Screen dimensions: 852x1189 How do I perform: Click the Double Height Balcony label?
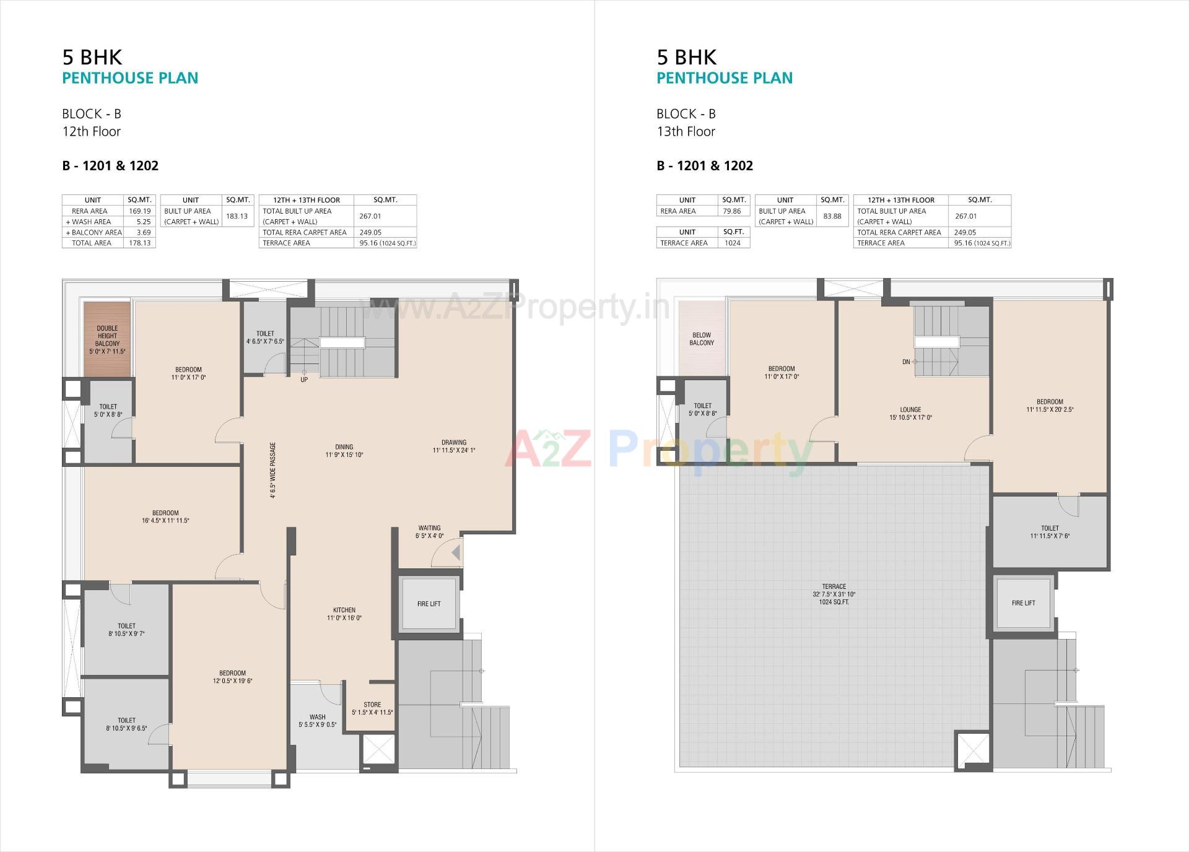coord(107,340)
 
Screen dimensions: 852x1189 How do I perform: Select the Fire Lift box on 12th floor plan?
coord(429,604)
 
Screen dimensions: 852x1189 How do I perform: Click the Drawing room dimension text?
coord(454,451)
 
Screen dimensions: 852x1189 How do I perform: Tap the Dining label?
coord(344,446)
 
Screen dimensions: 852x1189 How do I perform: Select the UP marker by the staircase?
coord(304,380)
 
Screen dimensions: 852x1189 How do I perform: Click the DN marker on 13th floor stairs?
coord(906,362)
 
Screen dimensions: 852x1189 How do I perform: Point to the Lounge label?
coord(910,409)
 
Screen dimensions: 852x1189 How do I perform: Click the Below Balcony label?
coord(702,339)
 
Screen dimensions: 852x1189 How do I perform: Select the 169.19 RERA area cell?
coord(140,211)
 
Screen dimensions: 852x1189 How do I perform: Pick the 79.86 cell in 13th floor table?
coord(732,211)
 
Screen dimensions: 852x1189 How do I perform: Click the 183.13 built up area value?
coord(237,216)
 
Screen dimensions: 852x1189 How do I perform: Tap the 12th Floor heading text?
coord(92,131)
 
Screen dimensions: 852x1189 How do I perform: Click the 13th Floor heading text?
coord(686,131)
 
